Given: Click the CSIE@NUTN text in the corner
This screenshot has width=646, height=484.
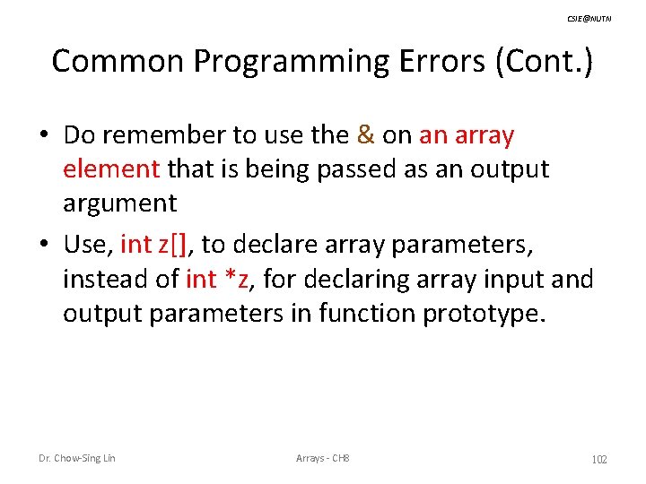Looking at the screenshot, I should pos(589,19).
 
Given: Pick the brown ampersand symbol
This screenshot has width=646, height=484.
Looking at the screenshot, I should pos(365,135).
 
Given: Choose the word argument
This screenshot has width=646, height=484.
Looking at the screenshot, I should pos(119,203).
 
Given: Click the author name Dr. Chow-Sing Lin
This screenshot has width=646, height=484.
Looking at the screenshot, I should pos(76,459).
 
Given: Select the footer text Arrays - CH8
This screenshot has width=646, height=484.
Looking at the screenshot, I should pos(322,459).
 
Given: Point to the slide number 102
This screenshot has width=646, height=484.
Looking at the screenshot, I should pos(599,460).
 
